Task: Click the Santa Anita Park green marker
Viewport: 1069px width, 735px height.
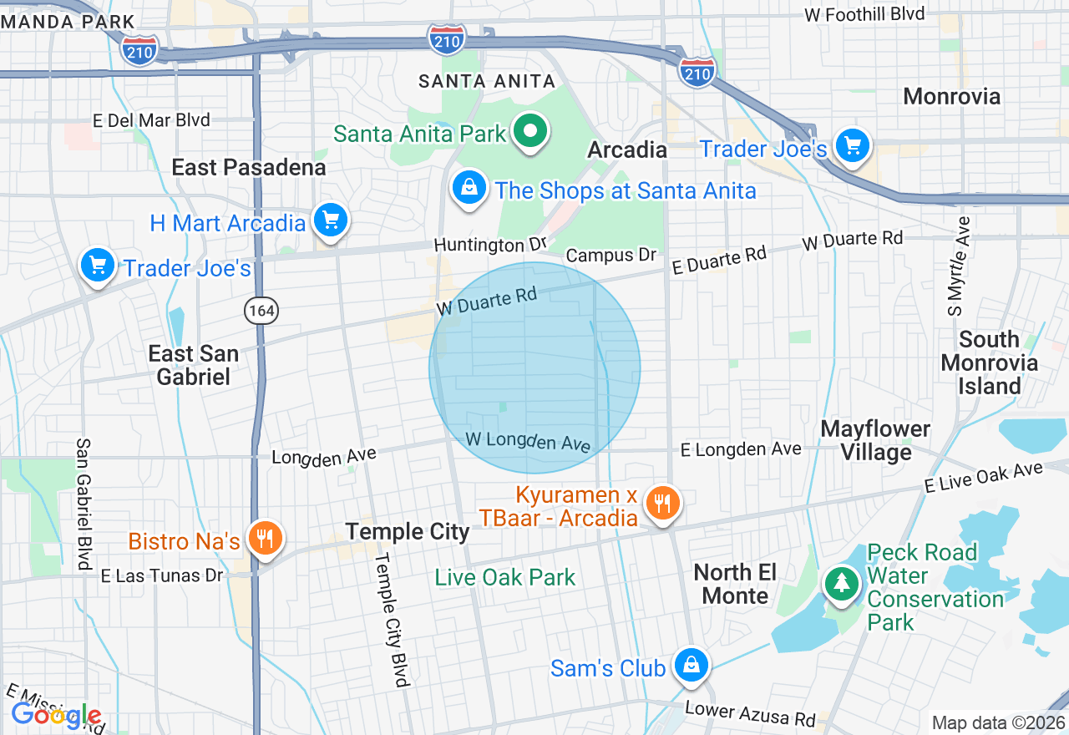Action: point(529,131)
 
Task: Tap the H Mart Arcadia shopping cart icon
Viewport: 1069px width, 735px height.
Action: point(331,220)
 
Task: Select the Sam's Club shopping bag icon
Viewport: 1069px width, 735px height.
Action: point(692,665)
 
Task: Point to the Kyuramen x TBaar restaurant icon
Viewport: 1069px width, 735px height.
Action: point(663,502)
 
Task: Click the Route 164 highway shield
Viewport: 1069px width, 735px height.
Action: point(261,312)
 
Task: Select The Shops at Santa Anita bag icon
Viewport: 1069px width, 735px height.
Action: point(469,188)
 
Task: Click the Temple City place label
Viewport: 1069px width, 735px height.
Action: point(408,531)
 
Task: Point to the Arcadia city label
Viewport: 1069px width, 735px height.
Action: point(626,150)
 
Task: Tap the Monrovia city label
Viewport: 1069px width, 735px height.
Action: point(951,97)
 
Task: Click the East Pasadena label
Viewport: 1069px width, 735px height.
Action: point(248,167)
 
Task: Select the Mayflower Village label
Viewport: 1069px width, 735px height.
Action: point(875,440)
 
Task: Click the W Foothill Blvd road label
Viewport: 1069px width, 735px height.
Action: point(864,14)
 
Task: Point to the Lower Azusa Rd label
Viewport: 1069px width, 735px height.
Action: point(750,712)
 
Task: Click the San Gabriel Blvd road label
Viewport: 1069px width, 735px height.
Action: point(84,504)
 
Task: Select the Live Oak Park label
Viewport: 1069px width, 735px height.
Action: point(505,577)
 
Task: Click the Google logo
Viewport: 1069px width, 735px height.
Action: point(56,715)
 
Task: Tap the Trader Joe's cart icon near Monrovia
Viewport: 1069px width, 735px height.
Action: point(852,146)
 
